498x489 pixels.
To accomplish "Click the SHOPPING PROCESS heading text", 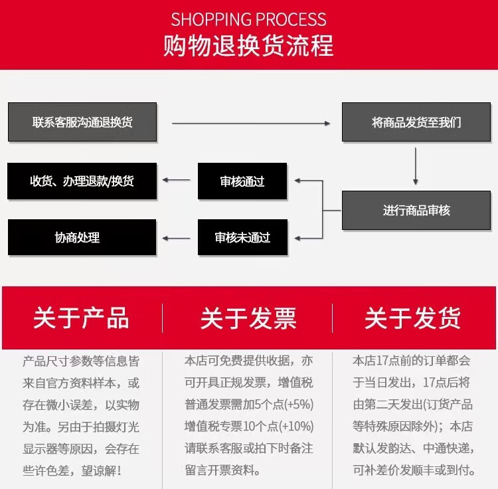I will pos(249,19).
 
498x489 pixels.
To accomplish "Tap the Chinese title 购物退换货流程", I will pos(249,46).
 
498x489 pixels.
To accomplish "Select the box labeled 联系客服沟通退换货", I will pos(82,122).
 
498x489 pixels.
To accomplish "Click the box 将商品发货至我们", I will pos(416,122).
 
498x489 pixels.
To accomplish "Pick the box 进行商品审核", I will pos(416,211).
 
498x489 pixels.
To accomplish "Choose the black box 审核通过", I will pos(242,181).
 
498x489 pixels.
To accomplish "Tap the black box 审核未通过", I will pos(242,237).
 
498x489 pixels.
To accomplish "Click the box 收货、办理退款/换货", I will pos(82,181).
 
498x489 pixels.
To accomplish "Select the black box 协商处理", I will pos(82,237).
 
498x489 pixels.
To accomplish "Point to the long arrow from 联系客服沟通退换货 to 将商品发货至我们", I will pos(251,123).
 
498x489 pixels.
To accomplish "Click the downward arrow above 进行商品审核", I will pos(416,166).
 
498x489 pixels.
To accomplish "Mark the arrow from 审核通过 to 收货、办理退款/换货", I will pos(177,180).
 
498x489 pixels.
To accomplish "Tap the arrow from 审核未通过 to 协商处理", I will pos(177,237).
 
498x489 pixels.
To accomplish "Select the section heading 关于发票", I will pos(248,318).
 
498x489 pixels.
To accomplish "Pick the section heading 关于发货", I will pos(412,318).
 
